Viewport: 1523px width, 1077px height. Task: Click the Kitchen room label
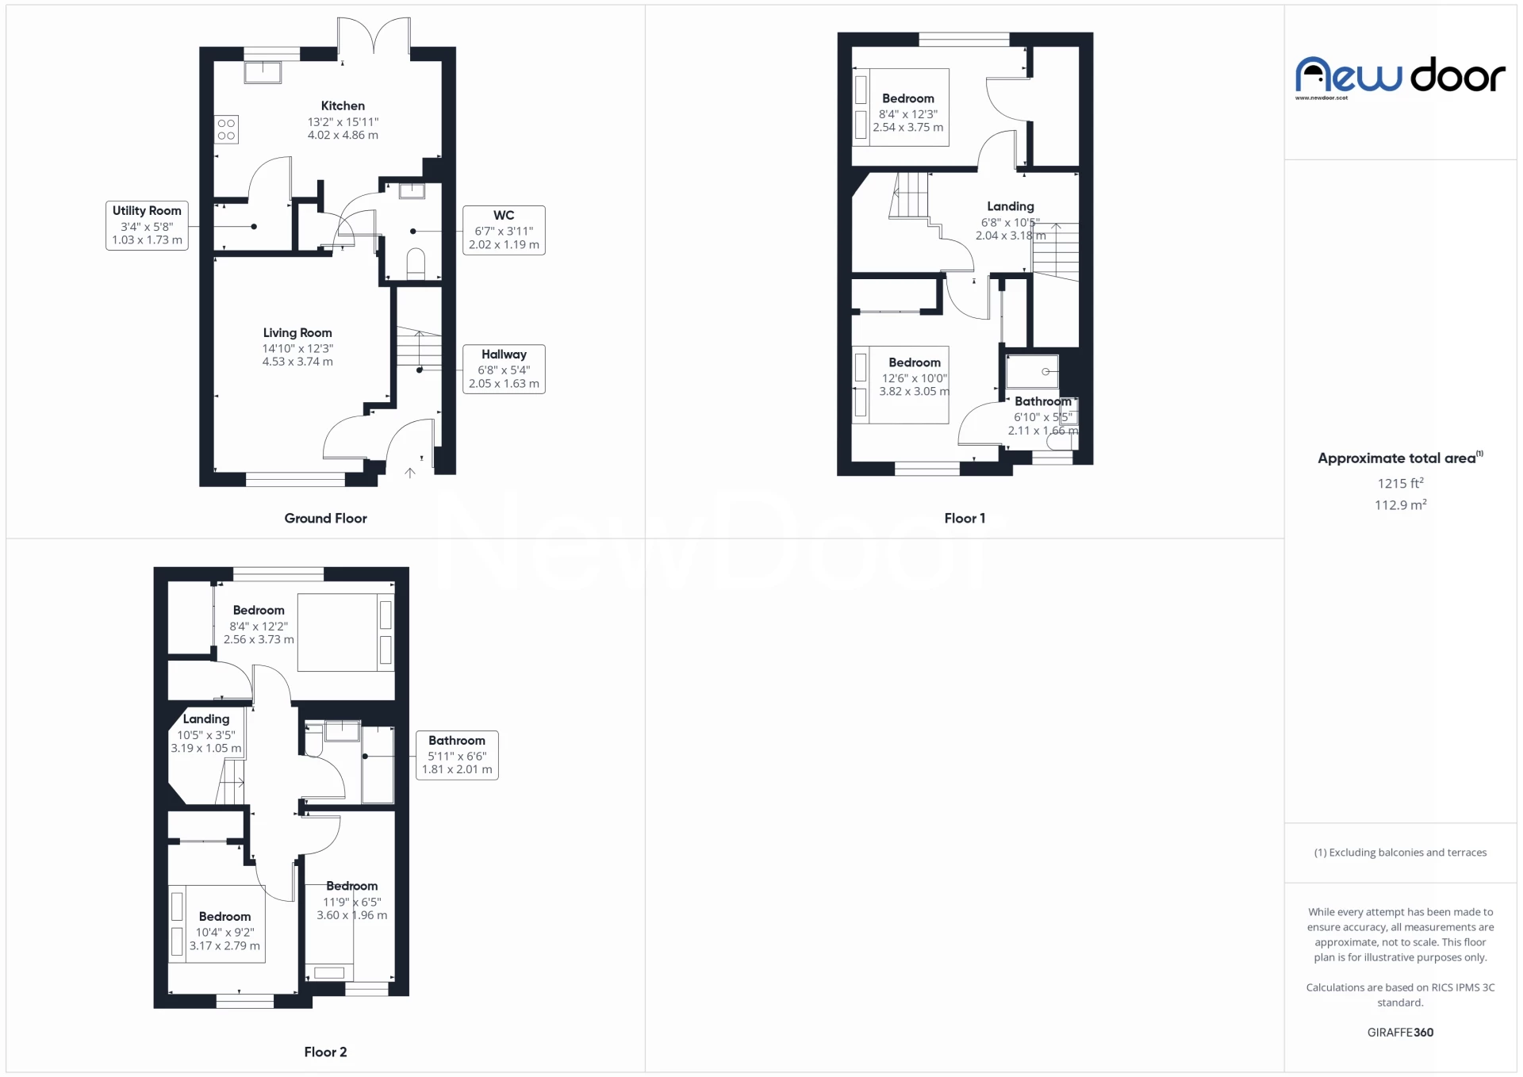click(343, 105)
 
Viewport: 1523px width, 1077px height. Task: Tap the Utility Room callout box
click(147, 226)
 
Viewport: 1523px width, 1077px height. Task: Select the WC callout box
click(504, 230)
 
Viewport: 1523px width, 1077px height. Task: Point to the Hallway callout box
click(504, 369)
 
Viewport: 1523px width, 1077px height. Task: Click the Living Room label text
click(297, 333)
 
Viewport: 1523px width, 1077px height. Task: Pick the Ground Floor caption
click(325, 518)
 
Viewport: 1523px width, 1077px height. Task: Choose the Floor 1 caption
click(965, 518)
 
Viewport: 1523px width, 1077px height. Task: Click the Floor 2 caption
click(325, 1052)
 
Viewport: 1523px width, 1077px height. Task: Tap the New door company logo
click(1400, 77)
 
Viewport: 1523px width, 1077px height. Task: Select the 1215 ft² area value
click(1400, 483)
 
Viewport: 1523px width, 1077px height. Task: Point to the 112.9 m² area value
click(1400, 504)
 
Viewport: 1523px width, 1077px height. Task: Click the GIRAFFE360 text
click(1400, 1032)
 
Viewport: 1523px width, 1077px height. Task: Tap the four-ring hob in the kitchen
click(226, 129)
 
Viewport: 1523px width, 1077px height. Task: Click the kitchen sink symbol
click(263, 71)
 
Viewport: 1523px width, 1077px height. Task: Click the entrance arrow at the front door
click(410, 473)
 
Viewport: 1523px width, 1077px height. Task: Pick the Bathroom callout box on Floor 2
click(457, 755)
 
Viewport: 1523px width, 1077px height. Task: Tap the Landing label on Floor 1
click(1011, 206)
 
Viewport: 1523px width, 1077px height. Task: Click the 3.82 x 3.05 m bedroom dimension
click(914, 391)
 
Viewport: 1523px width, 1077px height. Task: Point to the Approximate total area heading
click(1400, 458)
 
